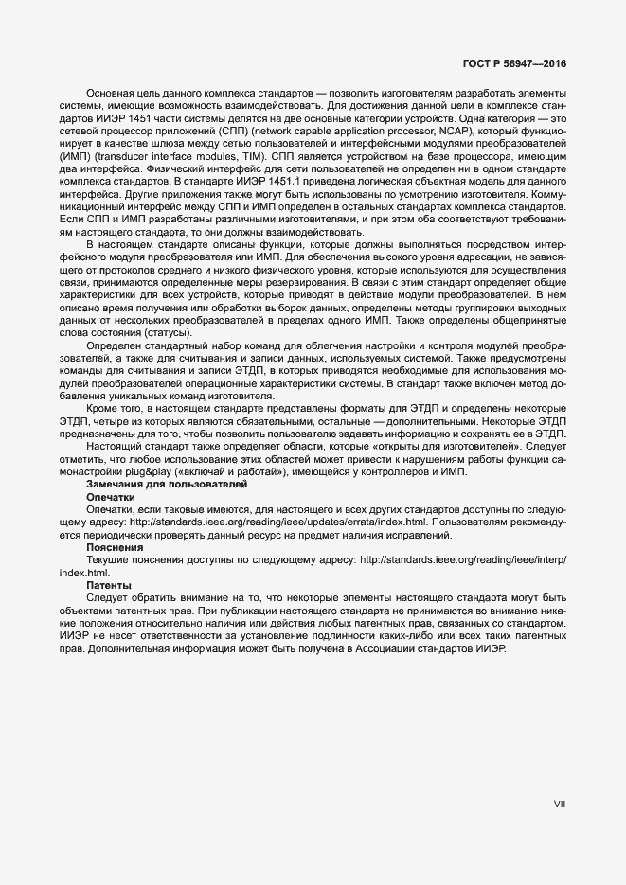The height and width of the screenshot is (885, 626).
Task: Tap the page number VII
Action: click(x=559, y=805)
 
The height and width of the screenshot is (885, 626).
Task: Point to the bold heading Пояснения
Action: click(x=115, y=547)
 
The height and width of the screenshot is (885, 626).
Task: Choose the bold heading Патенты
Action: click(x=109, y=586)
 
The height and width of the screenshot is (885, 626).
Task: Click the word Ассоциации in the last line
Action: click(x=422, y=662)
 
